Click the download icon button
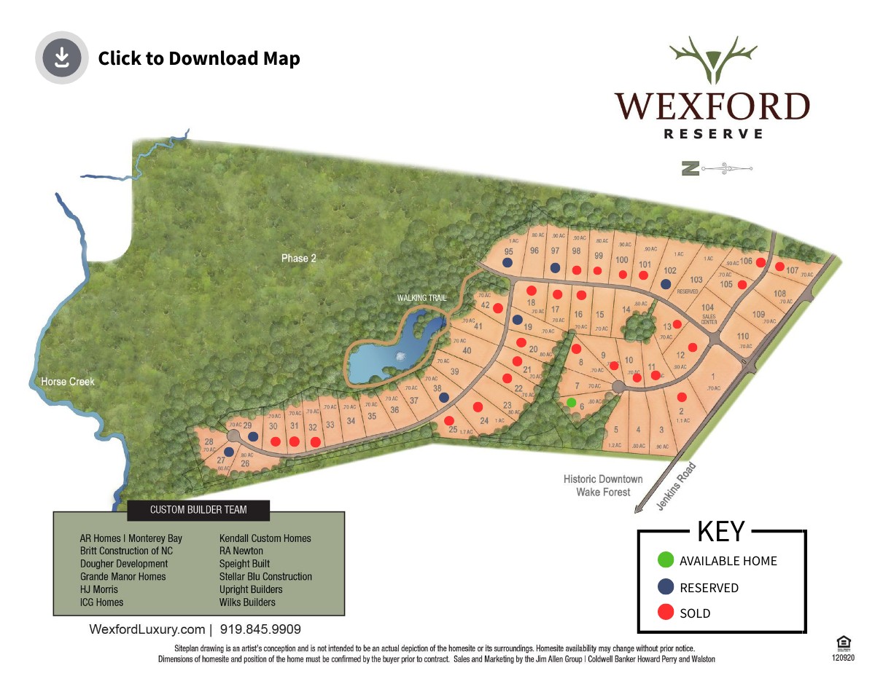tap(61, 58)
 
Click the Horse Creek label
tap(67, 382)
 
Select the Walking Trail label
tap(421, 298)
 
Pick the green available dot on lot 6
tap(572, 402)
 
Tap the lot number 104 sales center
tap(708, 309)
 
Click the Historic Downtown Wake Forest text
tap(603, 485)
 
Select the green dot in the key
tap(665, 560)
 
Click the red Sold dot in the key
tap(665, 613)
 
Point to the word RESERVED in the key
tap(709, 588)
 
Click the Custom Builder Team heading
tap(198, 510)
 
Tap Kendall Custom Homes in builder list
tap(265, 538)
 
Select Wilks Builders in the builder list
tap(247, 602)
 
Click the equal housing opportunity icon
tap(843, 642)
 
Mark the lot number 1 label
tap(712, 377)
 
